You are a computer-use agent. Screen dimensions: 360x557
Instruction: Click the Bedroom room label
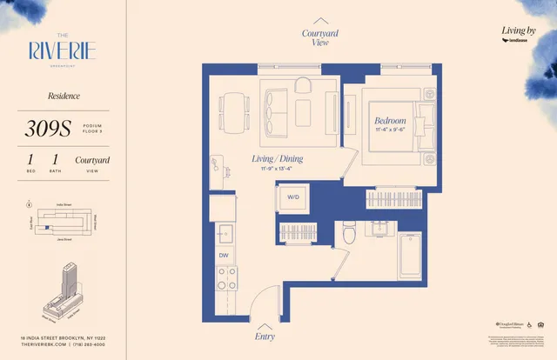click(x=391, y=120)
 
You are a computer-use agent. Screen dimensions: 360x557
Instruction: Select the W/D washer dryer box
click(x=292, y=197)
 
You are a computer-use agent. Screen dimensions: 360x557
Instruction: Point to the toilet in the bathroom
click(x=349, y=233)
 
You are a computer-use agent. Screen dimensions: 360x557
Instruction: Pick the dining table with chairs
click(x=232, y=109)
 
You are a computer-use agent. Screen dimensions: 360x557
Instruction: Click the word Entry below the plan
click(x=265, y=335)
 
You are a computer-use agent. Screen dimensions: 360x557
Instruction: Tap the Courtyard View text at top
click(x=320, y=37)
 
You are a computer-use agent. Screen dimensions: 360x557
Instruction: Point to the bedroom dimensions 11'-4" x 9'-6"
click(x=391, y=130)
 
